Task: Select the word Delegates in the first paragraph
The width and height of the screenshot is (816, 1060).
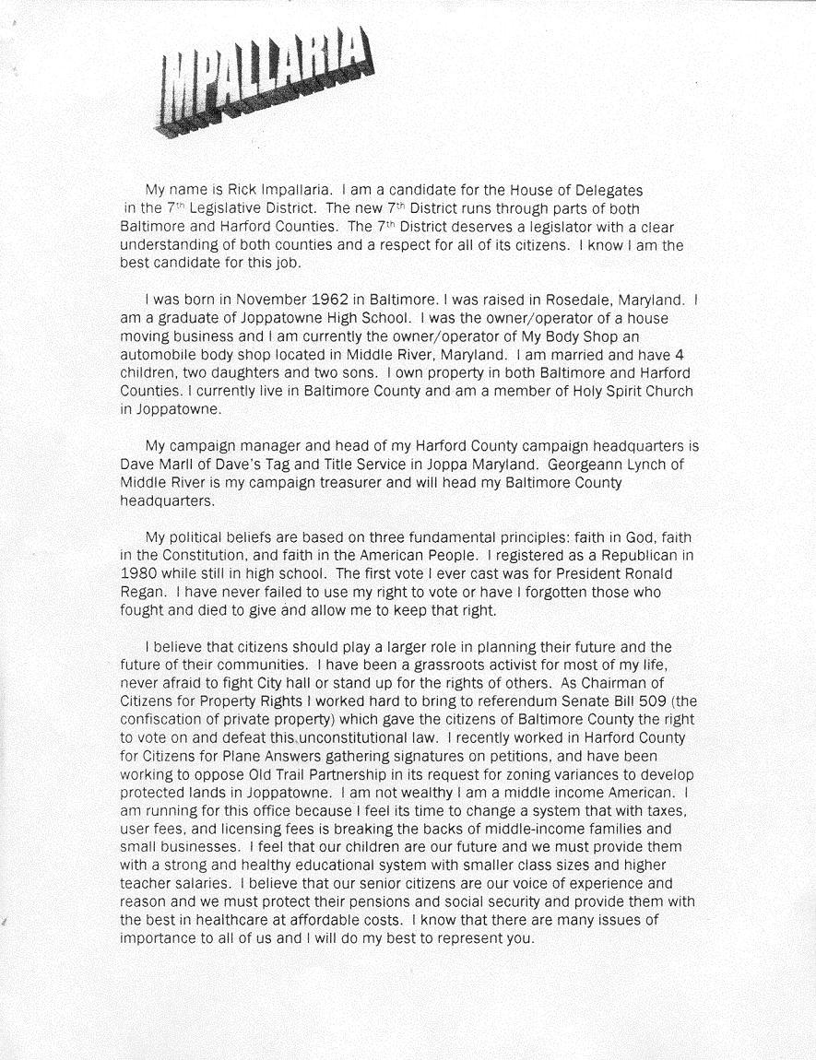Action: pos(609,190)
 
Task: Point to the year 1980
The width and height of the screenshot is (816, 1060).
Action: pos(138,574)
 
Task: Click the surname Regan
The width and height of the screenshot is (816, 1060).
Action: pos(141,593)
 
